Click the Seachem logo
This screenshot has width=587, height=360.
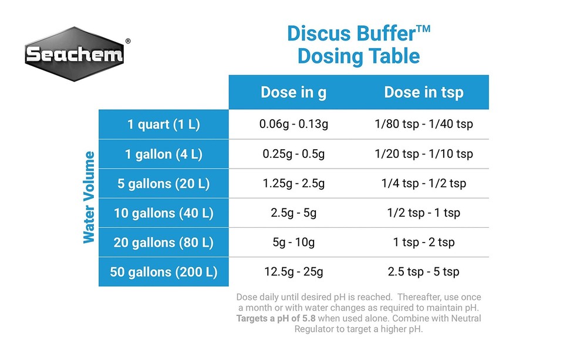74,54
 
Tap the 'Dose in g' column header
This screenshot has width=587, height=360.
293,92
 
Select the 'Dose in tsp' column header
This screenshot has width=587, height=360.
424,92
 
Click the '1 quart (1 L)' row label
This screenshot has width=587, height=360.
164,125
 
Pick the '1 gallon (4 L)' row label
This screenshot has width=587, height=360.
164,154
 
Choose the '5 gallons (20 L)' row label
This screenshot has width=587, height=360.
164,184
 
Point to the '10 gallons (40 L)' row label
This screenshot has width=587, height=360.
164,213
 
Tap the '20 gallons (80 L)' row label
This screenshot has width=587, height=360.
164,243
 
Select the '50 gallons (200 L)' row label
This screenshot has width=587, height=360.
164,272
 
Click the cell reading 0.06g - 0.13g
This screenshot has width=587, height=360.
293,125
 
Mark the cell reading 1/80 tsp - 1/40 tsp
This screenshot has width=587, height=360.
424,125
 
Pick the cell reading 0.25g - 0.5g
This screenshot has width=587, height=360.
293,154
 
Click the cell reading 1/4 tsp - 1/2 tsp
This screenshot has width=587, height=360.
424,184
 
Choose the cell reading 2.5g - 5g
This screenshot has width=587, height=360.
293,213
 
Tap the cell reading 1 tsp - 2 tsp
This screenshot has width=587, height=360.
424,243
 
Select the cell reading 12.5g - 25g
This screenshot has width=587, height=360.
293,272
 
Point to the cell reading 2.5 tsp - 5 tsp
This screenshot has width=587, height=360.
424,272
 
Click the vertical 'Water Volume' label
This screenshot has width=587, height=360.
89,197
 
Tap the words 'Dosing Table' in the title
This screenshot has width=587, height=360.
359,56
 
